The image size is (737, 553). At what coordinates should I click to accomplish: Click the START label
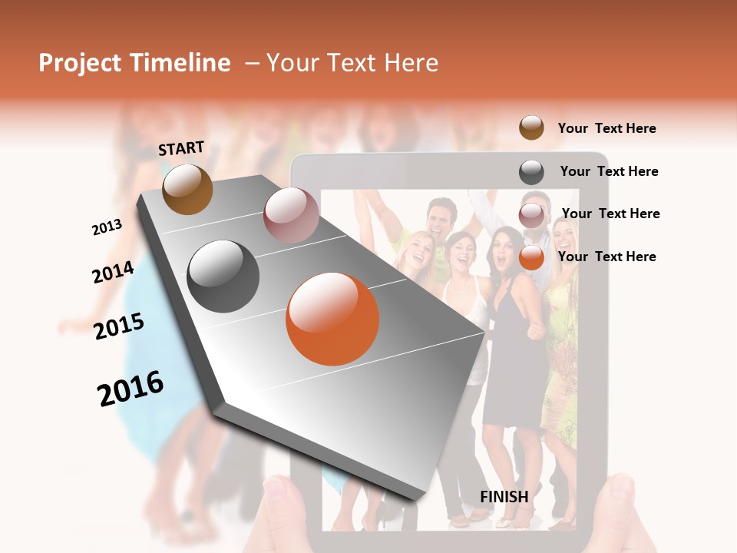181,148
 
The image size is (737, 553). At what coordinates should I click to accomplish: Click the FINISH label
504,497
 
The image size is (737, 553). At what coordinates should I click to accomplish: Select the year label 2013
107,227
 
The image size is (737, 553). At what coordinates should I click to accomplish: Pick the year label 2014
113,272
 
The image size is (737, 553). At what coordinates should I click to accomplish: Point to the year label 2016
131,389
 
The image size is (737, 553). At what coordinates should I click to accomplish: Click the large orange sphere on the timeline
332,319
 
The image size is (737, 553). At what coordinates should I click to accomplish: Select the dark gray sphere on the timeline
223,276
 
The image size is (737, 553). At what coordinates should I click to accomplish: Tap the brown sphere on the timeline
187,189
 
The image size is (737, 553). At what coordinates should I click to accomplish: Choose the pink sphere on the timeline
291,215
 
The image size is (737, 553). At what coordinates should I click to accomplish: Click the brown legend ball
531,127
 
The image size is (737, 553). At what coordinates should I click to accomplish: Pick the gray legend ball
531,172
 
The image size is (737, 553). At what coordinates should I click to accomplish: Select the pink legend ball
531,215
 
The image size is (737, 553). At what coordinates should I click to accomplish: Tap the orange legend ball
531,258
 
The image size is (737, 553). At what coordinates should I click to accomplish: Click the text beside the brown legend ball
606,128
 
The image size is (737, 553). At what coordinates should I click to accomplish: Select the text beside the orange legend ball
606,257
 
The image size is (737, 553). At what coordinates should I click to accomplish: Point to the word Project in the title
81,64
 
